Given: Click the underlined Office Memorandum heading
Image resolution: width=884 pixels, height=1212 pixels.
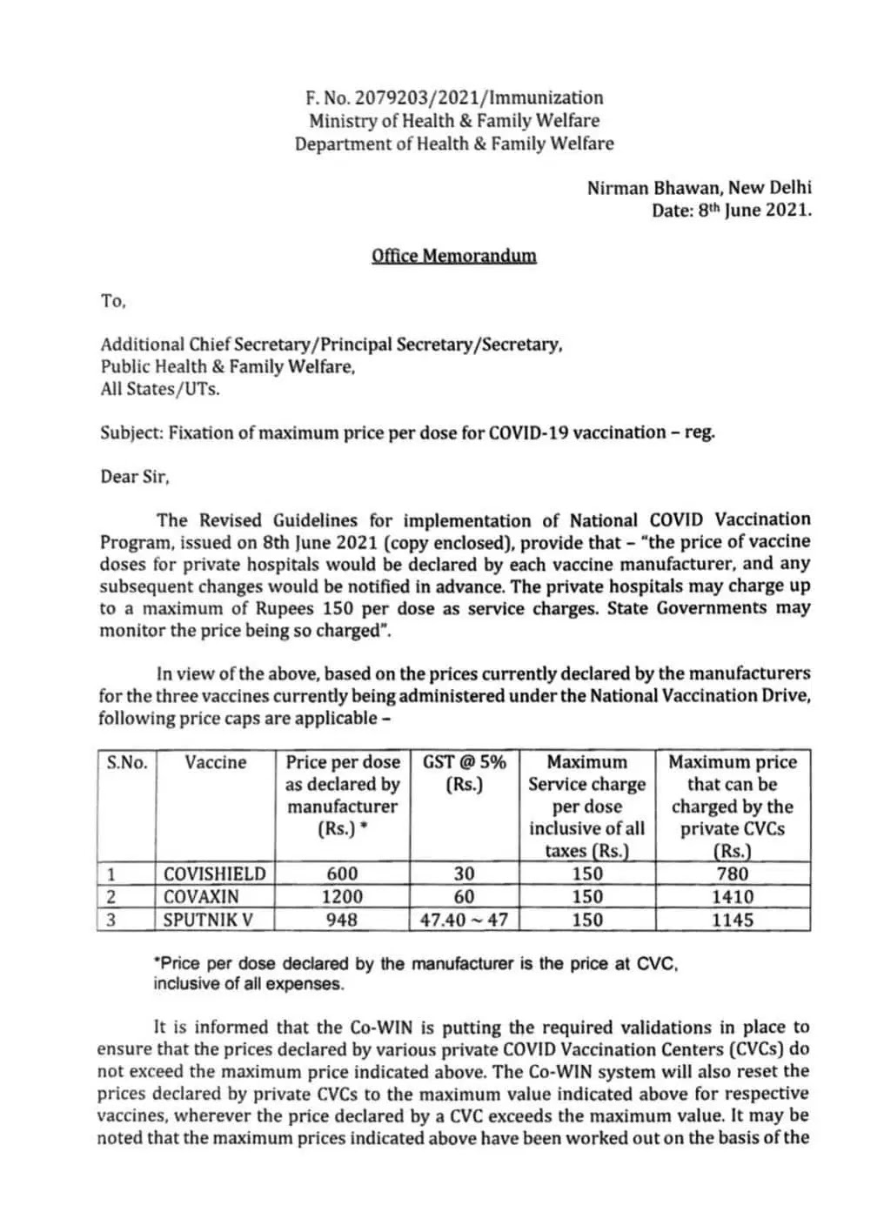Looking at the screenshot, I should point(453,256).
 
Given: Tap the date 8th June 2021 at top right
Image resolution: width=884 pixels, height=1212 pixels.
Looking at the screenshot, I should point(754,210).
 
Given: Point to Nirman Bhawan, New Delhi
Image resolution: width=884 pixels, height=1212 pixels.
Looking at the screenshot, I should point(699,187).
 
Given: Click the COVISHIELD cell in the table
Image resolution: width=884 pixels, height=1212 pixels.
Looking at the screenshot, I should point(214,874).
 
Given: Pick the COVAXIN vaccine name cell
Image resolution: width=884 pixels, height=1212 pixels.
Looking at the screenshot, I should point(201,896).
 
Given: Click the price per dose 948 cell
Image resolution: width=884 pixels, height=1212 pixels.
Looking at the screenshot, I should point(341,919).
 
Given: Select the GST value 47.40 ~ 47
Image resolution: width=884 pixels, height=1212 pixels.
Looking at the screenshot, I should point(464,919).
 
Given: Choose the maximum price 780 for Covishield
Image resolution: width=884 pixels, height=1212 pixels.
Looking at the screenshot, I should point(732,874).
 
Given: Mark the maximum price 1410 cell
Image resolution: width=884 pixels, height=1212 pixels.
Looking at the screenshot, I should point(732,896).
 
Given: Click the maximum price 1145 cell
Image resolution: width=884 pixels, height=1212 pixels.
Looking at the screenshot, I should point(732,919).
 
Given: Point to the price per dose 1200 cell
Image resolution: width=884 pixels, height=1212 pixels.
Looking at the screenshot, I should point(341,896).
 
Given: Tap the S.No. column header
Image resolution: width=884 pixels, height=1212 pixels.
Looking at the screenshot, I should point(127,763).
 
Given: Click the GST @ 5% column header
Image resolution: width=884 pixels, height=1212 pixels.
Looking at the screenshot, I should point(464,763).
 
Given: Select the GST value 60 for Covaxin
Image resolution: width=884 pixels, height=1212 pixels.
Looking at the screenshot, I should point(464,896).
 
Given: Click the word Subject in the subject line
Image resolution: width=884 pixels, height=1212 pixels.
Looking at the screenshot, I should point(131,432).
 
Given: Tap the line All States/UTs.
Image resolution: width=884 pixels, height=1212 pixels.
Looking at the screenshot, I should point(159,389).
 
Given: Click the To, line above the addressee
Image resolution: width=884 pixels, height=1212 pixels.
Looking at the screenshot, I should point(113,301).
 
